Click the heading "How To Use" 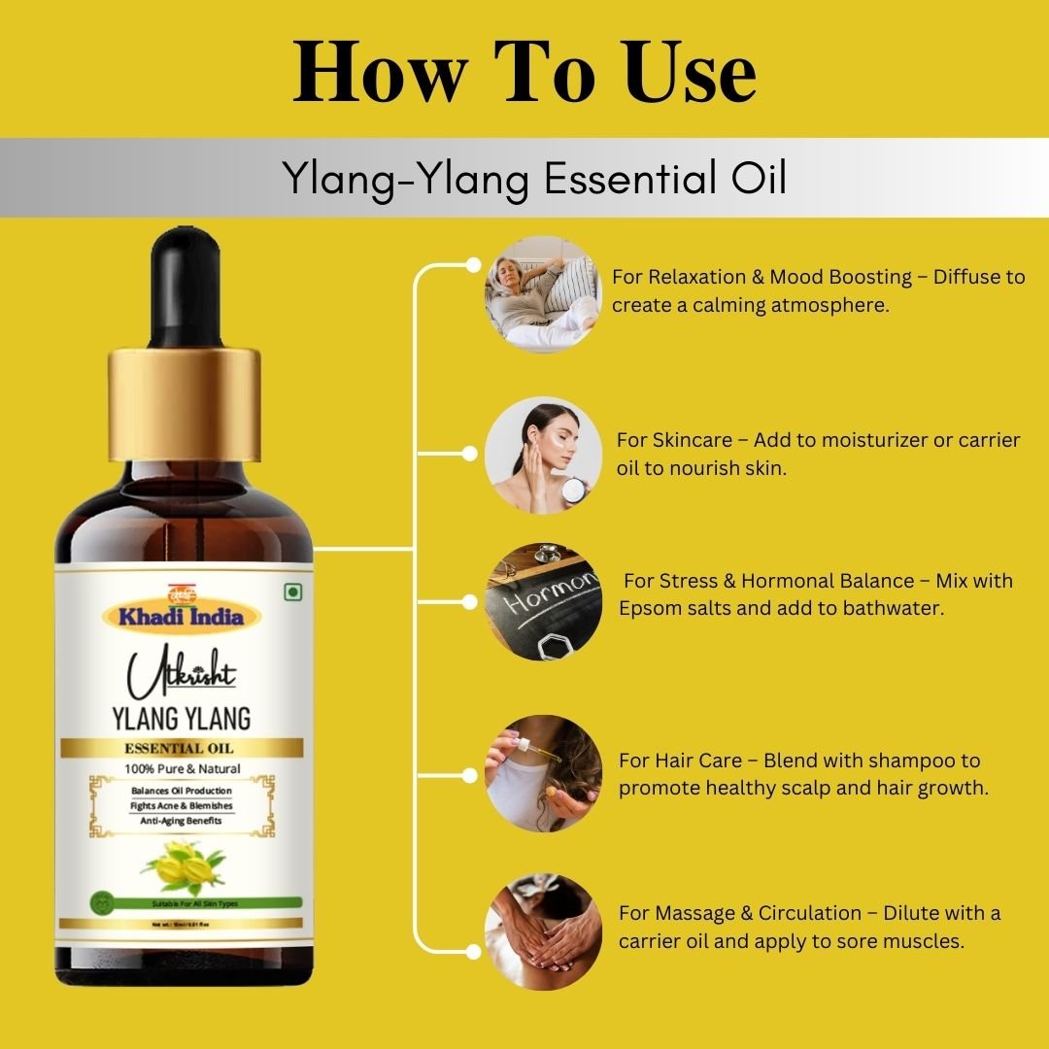pos(524,73)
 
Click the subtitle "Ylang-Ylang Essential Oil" pos(533,179)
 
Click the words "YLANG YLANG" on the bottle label pos(183,720)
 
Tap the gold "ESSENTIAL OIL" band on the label pos(183,748)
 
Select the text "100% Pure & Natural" pos(183,768)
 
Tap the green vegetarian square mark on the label pos(289,592)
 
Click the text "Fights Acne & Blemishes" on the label pos(182,806)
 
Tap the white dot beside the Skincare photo pos(470,454)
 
